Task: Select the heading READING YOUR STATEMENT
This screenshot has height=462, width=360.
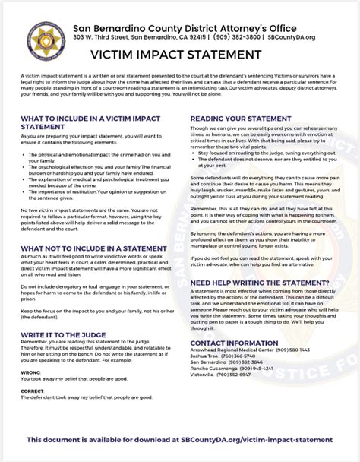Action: click(240, 119)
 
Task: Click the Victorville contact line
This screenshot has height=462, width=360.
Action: click(223, 375)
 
